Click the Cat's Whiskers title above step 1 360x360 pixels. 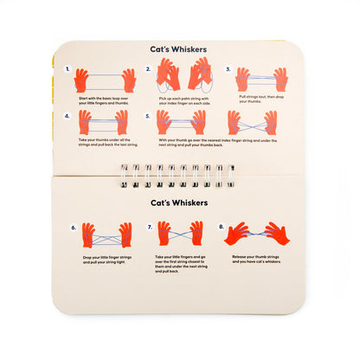[x=179, y=50]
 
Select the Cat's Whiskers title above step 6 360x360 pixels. [x=179, y=204]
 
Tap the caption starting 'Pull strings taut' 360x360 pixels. [x=259, y=101]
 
